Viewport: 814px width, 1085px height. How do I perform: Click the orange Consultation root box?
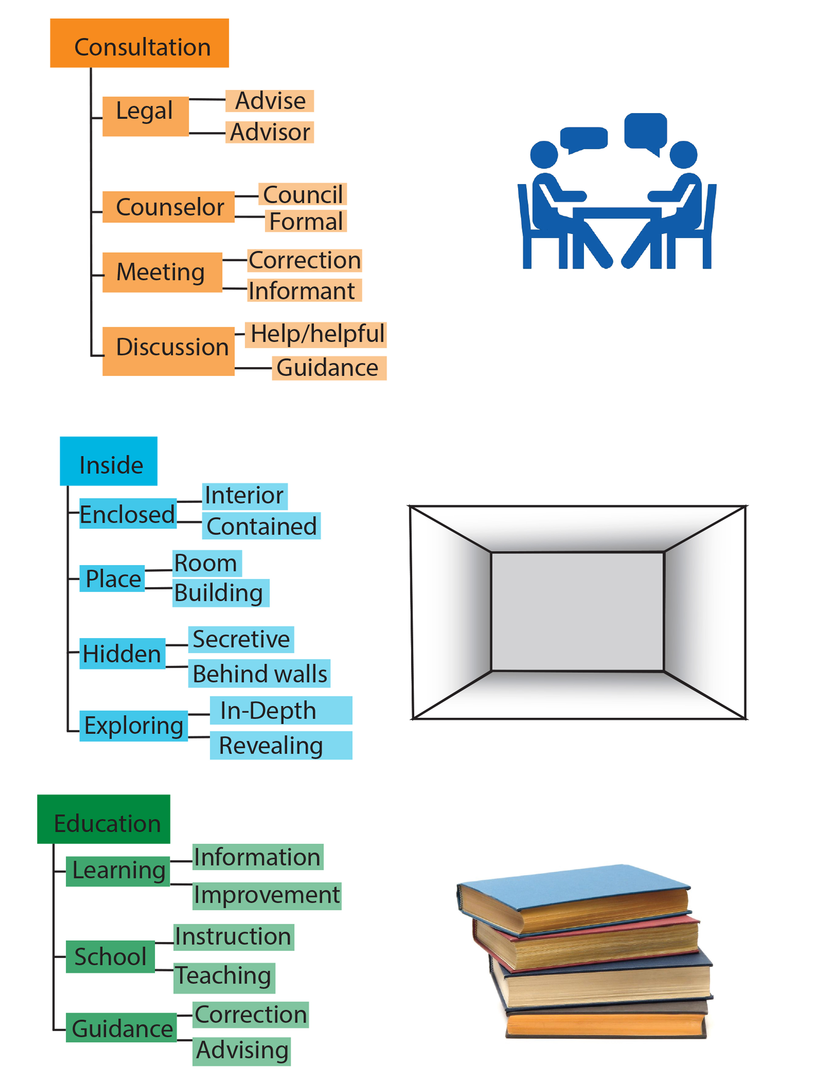(x=139, y=43)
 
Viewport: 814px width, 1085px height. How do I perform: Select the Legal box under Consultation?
(x=145, y=116)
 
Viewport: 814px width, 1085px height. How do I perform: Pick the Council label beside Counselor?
(x=302, y=194)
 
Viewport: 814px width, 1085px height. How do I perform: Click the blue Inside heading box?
(x=109, y=461)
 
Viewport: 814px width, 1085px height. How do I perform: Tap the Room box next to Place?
(x=206, y=563)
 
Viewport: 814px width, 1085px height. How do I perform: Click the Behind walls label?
(x=259, y=673)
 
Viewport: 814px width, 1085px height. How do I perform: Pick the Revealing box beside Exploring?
(x=281, y=746)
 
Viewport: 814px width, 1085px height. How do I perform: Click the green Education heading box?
(x=103, y=819)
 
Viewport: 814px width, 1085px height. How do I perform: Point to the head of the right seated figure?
(x=683, y=154)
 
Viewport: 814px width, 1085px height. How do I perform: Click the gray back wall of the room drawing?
(x=577, y=611)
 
